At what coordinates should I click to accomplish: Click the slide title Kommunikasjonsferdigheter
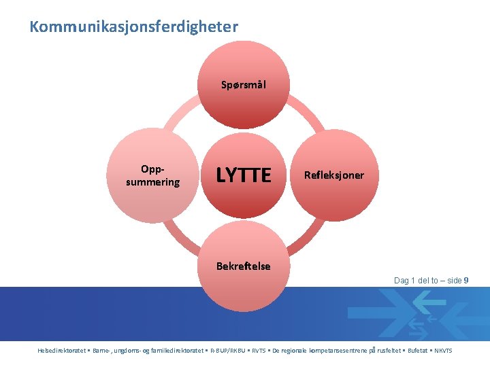(133, 27)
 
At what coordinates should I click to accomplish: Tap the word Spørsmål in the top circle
(244, 86)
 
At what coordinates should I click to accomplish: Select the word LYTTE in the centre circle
(244, 176)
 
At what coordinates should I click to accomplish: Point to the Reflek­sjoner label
(333, 175)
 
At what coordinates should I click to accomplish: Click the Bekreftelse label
(244, 266)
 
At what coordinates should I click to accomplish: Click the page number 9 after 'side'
(465, 281)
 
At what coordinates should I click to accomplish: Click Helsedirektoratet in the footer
(62, 351)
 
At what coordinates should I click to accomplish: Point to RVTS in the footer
(259, 351)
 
